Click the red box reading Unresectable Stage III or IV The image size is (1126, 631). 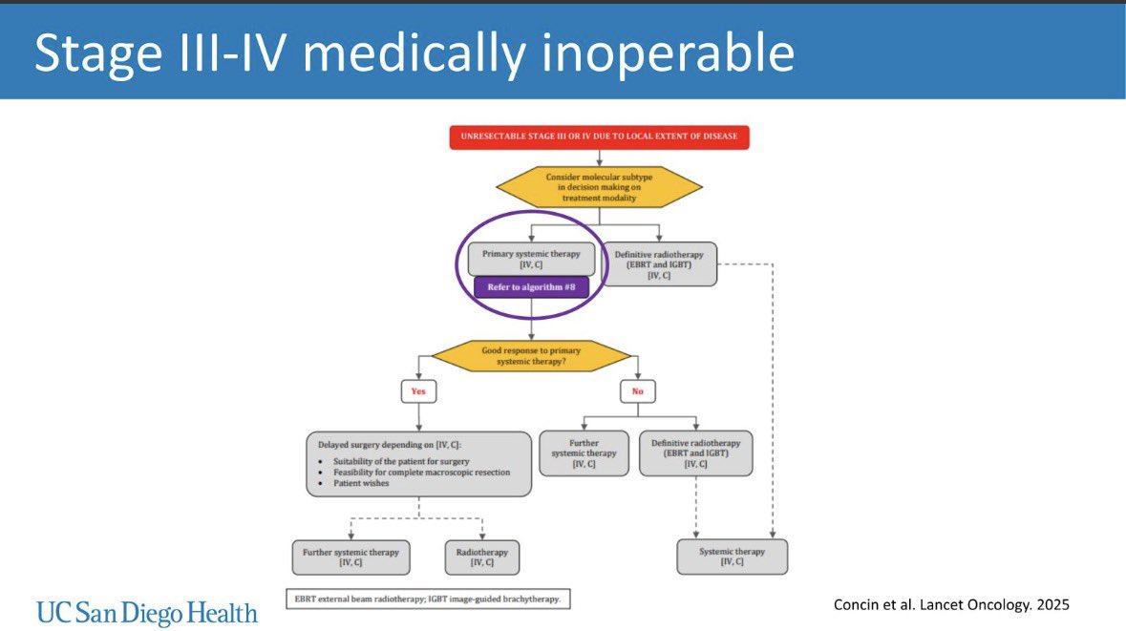[599, 137]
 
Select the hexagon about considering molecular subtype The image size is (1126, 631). [598, 187]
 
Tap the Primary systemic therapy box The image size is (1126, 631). [530, 258]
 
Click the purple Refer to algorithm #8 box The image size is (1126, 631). [531, 286]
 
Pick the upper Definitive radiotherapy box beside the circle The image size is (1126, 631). [660, 263]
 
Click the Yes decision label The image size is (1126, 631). [419, 390]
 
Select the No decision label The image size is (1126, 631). [638, 390]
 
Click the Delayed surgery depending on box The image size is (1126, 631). [419, 463]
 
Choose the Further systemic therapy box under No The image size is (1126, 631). [584, 452]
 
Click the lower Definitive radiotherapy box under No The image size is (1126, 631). [694, 452]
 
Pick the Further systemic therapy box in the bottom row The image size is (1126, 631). [351, 557]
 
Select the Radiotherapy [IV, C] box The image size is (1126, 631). [482, 557]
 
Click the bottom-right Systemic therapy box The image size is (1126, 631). [733, 557]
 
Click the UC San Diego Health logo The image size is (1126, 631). [147, 612]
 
